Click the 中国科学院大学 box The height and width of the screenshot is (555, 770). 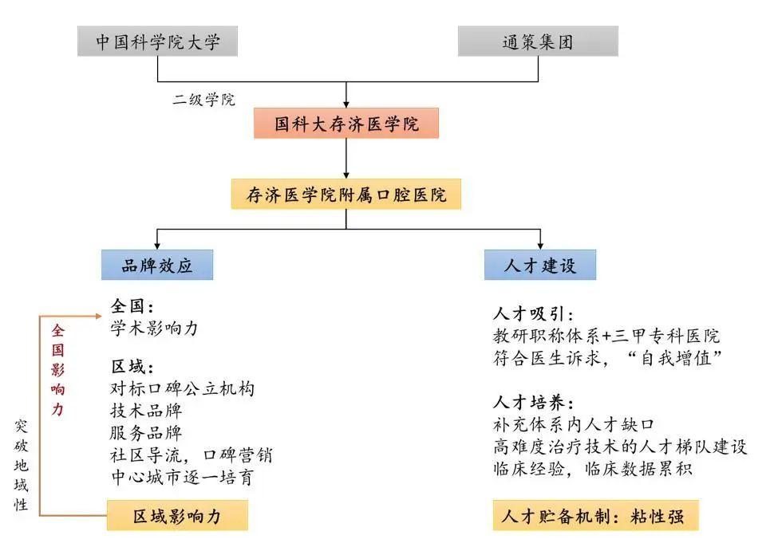pos(157,41)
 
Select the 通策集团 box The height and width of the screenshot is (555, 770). pos(538,41)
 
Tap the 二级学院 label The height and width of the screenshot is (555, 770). pos(203,100)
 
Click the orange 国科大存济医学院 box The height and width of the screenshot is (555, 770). pos(346,123)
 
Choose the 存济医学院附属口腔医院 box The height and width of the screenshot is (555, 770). pos(346,195)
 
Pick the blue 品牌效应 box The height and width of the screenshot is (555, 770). pos(157,265)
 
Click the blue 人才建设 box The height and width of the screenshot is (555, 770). pos(540,265)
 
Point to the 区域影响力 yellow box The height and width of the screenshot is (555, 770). pos(177,515)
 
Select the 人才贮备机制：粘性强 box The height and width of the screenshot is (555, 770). pos(596,515)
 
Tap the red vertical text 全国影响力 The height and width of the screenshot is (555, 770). pos(58,370)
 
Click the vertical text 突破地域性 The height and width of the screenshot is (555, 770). pos(21,465)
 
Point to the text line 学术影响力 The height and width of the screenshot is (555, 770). pos(154,329)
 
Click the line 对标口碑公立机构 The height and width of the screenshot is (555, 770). pos(182,388)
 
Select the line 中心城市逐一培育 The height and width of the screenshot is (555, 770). pos(182,477)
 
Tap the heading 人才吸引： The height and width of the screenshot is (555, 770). pos(533,313)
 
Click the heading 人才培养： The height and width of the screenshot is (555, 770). pos(533,403)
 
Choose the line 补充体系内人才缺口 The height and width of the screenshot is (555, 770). pos(574,424)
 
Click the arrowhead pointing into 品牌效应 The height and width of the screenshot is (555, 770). pos(157,246)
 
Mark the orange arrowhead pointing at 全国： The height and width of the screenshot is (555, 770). pos(98,317)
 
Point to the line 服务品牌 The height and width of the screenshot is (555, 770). pos(146,432)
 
